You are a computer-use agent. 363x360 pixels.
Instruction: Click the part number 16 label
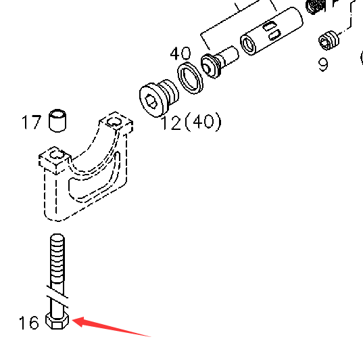click(x=28, y=323)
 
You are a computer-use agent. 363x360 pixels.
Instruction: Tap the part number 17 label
click(x=32, y=122)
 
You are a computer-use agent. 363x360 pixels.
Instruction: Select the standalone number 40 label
click(x=180, y=53)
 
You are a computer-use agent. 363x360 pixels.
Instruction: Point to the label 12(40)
click(x=191, y=122)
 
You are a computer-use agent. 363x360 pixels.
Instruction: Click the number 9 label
click(x=323, y=65)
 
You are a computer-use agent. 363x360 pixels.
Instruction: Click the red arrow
click(x=112, y=326)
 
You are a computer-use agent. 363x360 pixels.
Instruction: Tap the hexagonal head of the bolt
click(x=57, y=321)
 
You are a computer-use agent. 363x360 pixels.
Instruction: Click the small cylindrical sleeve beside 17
click(x=57, y=120)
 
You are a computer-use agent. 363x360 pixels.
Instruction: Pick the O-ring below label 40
click(x=190, y=78)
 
